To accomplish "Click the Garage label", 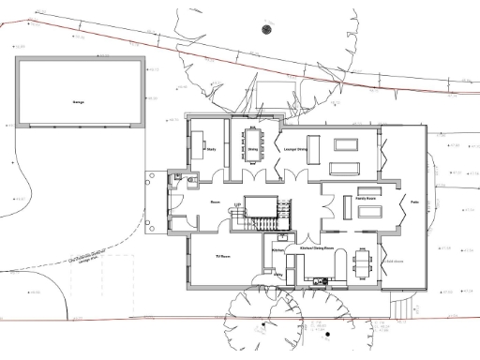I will (79, 100).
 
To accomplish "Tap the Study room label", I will (210, 148).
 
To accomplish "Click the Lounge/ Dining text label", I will (297, 148).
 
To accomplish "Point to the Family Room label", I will (365, 198).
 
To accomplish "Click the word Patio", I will (413, 202).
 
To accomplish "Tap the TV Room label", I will (223, 254).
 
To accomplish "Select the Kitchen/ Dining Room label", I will (318, 248).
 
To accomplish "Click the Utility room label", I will (278, 274).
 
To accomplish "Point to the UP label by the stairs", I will (238, 203).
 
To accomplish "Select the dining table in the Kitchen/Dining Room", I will (363, 261).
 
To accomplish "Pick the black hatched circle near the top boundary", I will (266, 29).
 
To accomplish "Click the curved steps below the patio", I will (399, 304).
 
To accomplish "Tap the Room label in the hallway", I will (215, 202).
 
